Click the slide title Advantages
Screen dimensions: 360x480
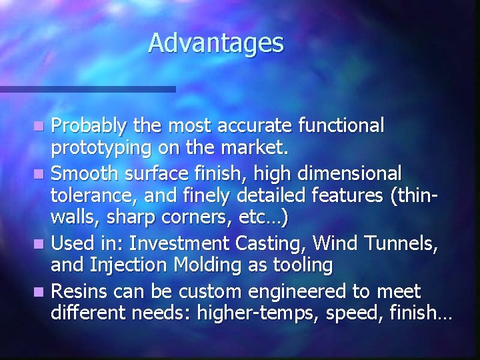pos(216,43)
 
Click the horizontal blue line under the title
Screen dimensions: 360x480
pos(87,89)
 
